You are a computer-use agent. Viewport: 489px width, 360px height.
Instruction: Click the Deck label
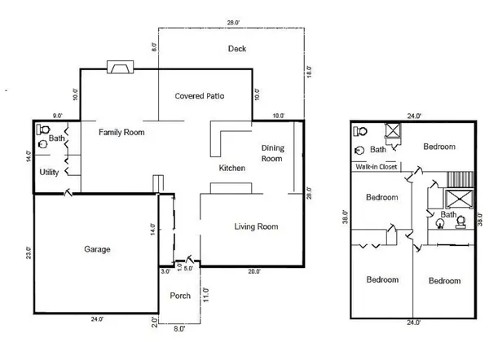236,49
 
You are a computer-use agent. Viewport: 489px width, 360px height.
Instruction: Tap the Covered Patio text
200,96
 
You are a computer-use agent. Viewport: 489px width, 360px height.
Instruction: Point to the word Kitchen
232,168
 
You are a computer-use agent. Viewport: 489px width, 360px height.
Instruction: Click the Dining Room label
272,153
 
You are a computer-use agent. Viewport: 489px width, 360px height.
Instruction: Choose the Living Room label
257,226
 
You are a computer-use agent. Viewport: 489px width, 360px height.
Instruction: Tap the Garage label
97,249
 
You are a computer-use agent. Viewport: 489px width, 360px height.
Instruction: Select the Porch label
180,296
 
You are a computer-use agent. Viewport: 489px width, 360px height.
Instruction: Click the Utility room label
48,172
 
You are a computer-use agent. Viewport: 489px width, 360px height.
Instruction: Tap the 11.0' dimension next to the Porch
205,294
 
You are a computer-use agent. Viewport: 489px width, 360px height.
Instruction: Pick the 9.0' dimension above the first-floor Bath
56,116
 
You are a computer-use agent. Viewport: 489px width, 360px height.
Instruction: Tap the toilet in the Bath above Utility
43,129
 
